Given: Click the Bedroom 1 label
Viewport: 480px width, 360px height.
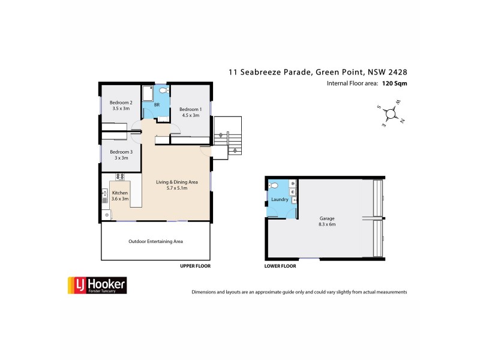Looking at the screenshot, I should [x=190, y=109].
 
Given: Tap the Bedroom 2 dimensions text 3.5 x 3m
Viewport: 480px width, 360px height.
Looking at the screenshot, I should [x=121, y=109].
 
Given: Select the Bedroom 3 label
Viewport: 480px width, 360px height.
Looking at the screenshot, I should [x=121, y=152].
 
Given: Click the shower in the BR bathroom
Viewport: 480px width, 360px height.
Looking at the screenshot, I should [x=148, y=95].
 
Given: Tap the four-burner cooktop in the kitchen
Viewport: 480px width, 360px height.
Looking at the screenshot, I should [x=119, y=176].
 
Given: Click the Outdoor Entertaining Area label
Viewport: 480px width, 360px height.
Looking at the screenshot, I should [x=155, y=241].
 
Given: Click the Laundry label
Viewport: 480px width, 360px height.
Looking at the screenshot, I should [x=280, y=199].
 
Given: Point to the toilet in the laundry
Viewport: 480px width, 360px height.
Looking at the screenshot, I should [x=274, y=185].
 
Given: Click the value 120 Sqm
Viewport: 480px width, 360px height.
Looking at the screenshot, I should [x=395, y=84].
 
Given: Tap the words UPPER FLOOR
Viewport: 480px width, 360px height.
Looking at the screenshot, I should [x=196, y=265].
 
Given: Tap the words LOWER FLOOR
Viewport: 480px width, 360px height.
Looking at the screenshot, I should [x=280, y=265].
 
